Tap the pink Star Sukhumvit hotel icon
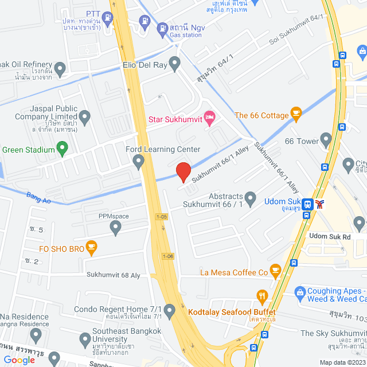click(x=210, y=119)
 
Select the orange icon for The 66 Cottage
click(x=296, y=114)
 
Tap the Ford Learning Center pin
click(x=138, y=163)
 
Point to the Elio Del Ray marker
click(x=175, y=64)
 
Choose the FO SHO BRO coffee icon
click(x=91, y=248)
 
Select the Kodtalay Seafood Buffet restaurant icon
click(x=263, y=297)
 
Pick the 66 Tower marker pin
click(x=326, y=139)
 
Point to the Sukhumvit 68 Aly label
click(x=114, y=275)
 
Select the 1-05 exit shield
click(x=162, y=217)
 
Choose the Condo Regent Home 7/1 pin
click(x=170, y=312)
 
